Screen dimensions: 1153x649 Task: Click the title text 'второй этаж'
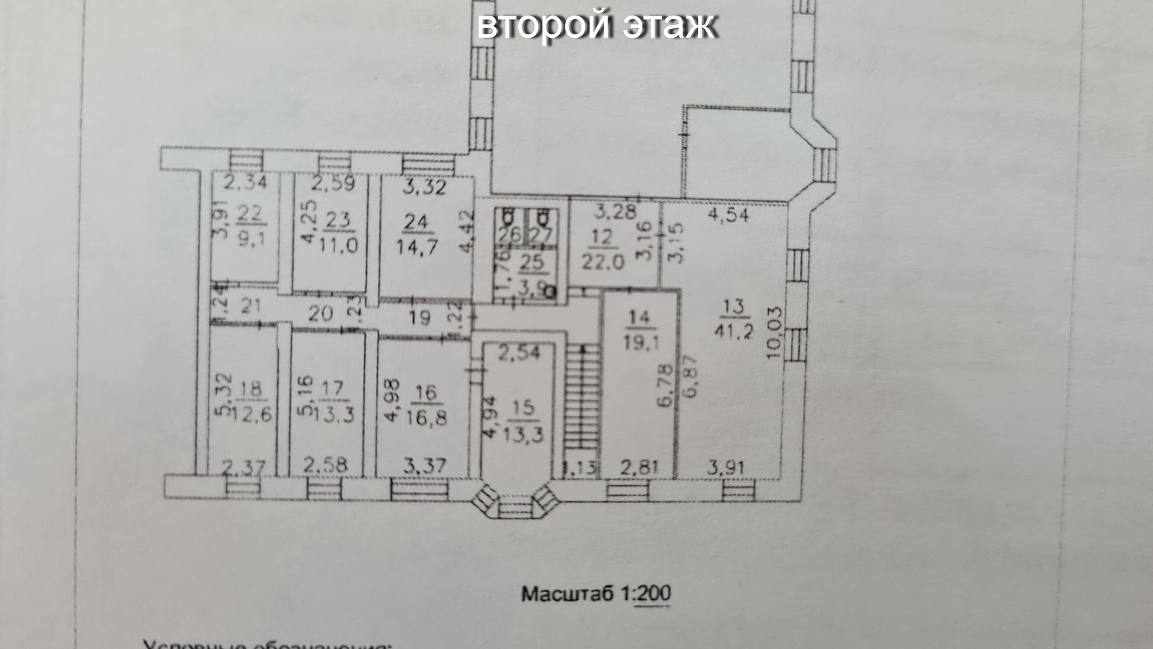[x=596, y=26]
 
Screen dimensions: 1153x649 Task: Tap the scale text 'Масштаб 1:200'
[x=596, y=594]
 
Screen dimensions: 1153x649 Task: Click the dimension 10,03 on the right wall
[x=775, y=334]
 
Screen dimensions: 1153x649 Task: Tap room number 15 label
[x=524, y=408]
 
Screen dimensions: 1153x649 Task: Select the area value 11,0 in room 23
[x=338, y=245]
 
